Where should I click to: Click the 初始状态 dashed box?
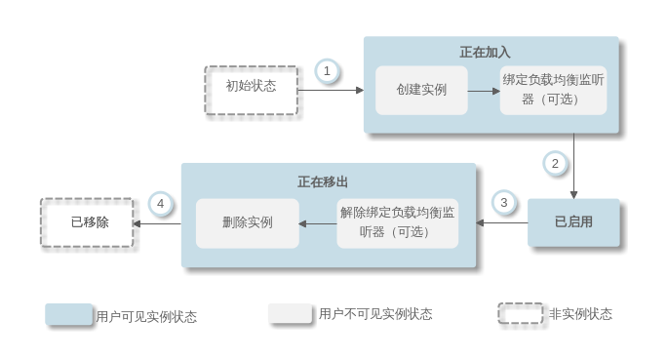(x=251, y=90)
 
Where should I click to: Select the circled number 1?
(x=328, y=70)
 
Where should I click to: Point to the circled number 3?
(x=503, y=203)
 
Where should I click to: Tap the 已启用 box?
(x=573, y=221)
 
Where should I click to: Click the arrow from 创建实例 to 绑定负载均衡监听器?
(x=483, y=90)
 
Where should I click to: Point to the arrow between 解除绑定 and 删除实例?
(x=318, y=222)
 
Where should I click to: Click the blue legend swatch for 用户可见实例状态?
(x=68, y=314)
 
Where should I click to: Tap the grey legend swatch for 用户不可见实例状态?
(x=290, y=313)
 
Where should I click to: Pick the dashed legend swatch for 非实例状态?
(x=520, y=313)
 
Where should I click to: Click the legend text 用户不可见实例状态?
(x=375, y=314)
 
